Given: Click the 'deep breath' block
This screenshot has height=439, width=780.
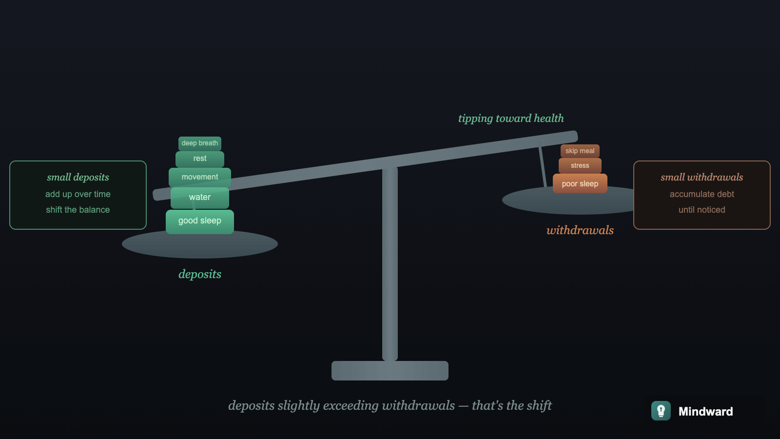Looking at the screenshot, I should coord(200,143).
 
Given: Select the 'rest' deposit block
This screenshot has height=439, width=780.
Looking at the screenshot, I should coord(200,159).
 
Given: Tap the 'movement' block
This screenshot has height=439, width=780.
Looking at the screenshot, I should coord(200,177).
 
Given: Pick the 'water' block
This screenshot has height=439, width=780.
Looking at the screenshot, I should coord(200,198).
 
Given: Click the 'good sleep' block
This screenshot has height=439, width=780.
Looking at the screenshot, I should coord(200,221).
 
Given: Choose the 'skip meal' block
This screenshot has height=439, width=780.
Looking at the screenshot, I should coord(580,151).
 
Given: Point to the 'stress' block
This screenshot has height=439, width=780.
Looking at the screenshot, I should coord(580,166).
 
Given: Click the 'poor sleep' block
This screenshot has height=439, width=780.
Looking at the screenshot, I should coord(580,184).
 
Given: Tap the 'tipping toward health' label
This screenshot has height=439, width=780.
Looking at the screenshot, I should coord(510,119).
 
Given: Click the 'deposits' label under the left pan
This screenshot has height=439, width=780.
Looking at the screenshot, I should coord(200,274).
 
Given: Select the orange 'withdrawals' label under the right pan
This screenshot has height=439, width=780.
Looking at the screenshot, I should coord(580,230).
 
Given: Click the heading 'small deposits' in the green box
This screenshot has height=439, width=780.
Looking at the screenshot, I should coord(78,177).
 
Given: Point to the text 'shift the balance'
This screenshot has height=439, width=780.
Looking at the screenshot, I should coord(78,210).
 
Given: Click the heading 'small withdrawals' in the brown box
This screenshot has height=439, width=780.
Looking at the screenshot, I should coord(702,177).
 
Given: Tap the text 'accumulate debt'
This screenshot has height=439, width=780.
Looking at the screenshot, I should coord(702,194).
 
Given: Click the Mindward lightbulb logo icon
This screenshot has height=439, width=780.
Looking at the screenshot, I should coord(661,411).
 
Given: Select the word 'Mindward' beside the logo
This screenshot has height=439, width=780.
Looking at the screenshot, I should coord(705,412).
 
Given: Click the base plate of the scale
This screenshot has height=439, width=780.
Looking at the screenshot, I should coord(390,371).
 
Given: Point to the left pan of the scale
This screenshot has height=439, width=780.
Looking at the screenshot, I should coord(200,246).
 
